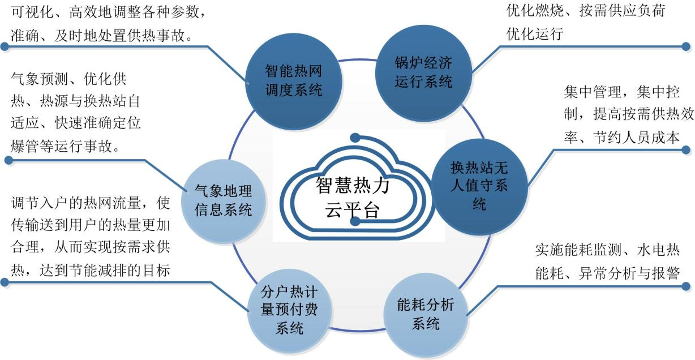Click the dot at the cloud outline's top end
(355, 138)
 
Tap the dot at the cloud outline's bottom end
(355, 221)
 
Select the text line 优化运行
(535, 34)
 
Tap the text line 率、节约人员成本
(621, 138)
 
